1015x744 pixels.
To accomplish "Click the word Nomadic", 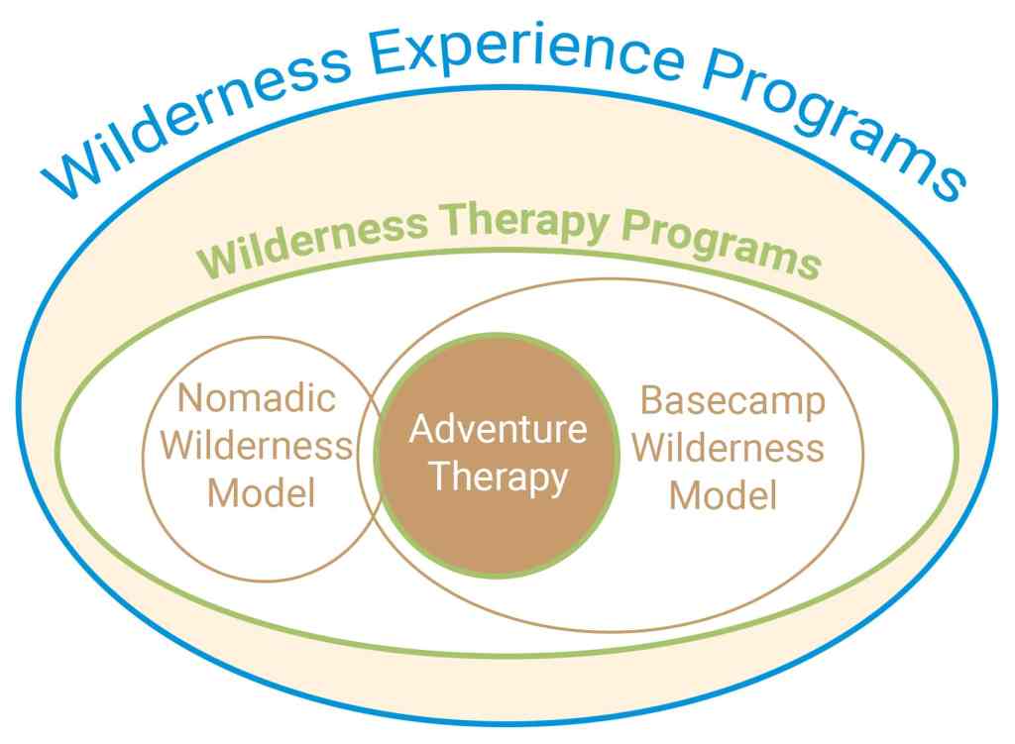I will [x=257, y=399].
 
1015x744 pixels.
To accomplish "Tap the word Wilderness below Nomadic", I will [x=257, y=446].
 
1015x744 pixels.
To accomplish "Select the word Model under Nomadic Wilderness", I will [x=261, y=492].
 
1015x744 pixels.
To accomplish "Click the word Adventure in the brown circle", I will [x=498, y=430].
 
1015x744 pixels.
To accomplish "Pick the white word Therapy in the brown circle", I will [x=499, y=477].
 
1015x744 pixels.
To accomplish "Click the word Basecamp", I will [x=733, y=401].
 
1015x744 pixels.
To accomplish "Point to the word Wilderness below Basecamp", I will [x=729, y=447].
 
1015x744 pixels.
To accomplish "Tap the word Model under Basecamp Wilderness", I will [x=723, y=494].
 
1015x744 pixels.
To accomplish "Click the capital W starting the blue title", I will [x=73, y=172].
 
